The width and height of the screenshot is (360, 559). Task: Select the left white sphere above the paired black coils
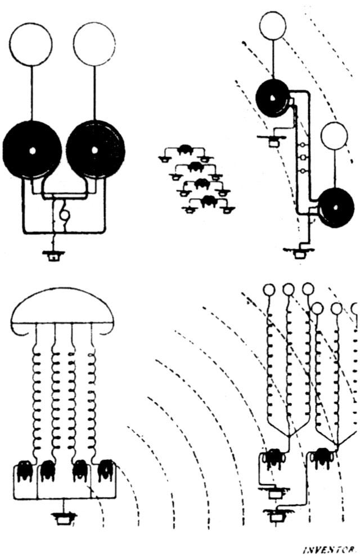pos(31,43)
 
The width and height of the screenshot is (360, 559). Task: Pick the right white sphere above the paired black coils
pos(94,43)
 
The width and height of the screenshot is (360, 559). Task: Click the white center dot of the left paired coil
pos(32,150)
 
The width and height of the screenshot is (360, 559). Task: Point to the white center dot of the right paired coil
pos(94,149)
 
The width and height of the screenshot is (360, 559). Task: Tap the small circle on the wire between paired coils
pos(65,215)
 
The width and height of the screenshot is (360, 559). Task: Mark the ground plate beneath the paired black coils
pos(54,256)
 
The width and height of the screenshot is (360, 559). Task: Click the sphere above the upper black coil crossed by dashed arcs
pos(273,25)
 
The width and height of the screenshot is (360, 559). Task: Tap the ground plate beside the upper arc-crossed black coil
pos(274,141)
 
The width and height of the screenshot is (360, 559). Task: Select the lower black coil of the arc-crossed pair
pos(335,208)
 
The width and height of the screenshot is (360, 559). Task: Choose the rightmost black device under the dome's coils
pos(105,469)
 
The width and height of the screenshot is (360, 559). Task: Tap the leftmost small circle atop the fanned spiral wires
pos(269,290)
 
